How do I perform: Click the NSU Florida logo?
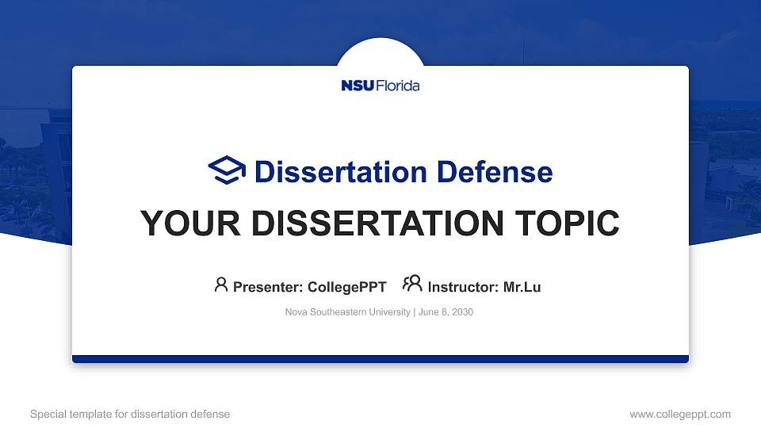pyautogui.click(x=380, y=86)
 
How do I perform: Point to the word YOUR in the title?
pyautogui.click(x=184, y=224)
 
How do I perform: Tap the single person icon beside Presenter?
pyautogui.click(x=221, y=285)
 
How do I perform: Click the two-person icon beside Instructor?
pyautogui.click(x=412, y=284)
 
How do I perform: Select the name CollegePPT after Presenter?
pyautogui.click(x=346, y=287)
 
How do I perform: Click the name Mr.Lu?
pyautogui.click(x=522, y=287)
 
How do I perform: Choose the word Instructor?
pyautogui.click(x=464, y=287)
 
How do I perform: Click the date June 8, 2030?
pyautogui.click(x=446, y=312)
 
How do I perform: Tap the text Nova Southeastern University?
pyautogui.click(x=347, y=312)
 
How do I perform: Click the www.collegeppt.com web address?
pyautogui.click(x=680, y=414)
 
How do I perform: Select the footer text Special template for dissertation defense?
pyautogui.click(x=130, y=414)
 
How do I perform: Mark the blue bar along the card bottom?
pyautogui.click(x=380, y=359)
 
